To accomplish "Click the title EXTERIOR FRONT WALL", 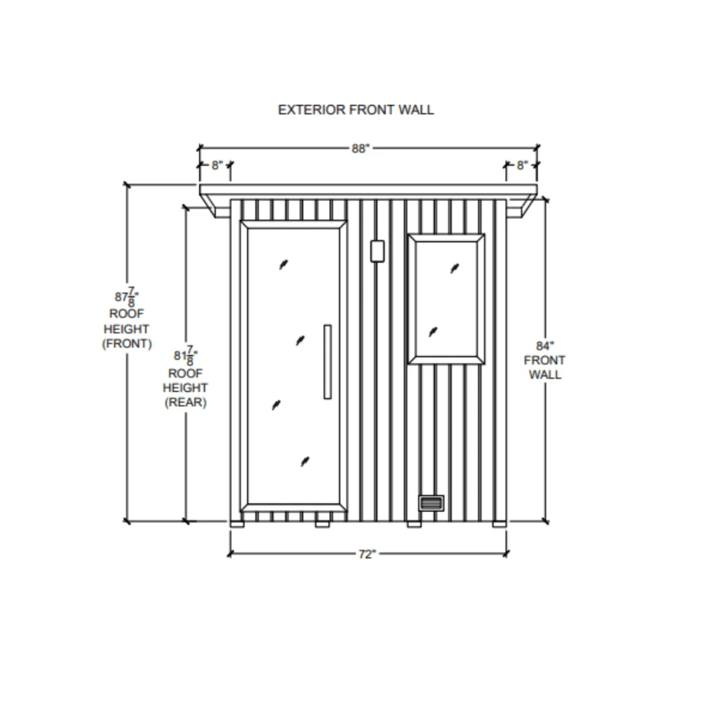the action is point(356,110).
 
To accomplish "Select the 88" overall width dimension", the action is point(360,149).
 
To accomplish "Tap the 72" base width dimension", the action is point(367,554).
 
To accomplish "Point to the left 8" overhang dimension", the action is point(217,166).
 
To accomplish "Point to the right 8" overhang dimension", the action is point(522,166).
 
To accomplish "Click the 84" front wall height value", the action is point(545,345).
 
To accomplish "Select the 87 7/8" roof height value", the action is point(127,297).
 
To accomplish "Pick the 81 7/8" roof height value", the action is point(186,356).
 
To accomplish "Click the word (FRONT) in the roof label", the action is point(127,344).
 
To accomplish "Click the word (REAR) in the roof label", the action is point(186,402).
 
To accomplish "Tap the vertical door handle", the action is point(328,362).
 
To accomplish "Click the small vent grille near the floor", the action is point(432,503).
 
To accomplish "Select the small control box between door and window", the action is point(378,251).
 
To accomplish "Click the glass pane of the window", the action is point(446,299).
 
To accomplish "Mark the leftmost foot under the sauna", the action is point(238,524).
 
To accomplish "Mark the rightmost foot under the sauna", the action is point(499,524).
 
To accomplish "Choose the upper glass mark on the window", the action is point(454,268).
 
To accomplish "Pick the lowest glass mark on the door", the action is point(305,461).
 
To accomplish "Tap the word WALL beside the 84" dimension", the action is point(545,375).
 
